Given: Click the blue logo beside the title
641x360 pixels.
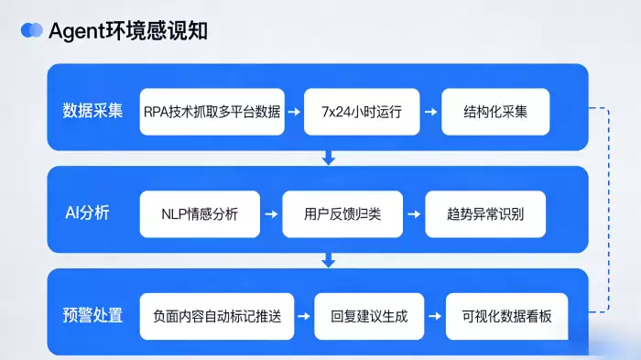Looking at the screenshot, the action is tap(31, 30).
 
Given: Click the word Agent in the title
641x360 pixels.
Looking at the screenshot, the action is tap(77, 31).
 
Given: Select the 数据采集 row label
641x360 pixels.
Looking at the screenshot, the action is tap(92, 111).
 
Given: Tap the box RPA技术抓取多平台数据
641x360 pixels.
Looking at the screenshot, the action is tap(212, 112).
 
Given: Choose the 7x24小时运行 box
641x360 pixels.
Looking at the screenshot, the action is tap(362, 112).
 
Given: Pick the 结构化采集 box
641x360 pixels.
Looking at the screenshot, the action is tap(495, 112).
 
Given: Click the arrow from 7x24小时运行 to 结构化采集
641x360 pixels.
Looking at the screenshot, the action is tap(431, 112).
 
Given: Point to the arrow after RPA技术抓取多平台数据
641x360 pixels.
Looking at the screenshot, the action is tap(294, 112).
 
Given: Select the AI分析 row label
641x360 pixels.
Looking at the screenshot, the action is tap(87, 213).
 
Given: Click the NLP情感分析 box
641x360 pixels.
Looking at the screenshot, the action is tap(200, 214).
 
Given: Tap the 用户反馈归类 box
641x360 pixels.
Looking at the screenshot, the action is tap(342, 214).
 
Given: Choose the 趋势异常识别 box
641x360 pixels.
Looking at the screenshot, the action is tap(485, 214).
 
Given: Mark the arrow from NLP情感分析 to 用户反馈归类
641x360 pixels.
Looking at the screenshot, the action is tap(271, 214).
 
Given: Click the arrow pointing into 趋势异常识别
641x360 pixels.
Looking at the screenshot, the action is tap(414, 214).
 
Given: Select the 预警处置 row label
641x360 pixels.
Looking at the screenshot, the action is tap(92, 315).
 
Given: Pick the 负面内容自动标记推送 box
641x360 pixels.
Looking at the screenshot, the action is tap(217, 316).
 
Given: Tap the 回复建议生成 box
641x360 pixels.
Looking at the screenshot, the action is tap(369, 316).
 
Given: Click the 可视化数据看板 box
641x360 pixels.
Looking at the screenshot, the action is tap(507, 316).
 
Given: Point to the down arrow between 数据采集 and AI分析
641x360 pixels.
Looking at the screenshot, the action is tap(328, 158).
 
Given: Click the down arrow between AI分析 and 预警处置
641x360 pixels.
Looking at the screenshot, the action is tap(328, 260).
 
